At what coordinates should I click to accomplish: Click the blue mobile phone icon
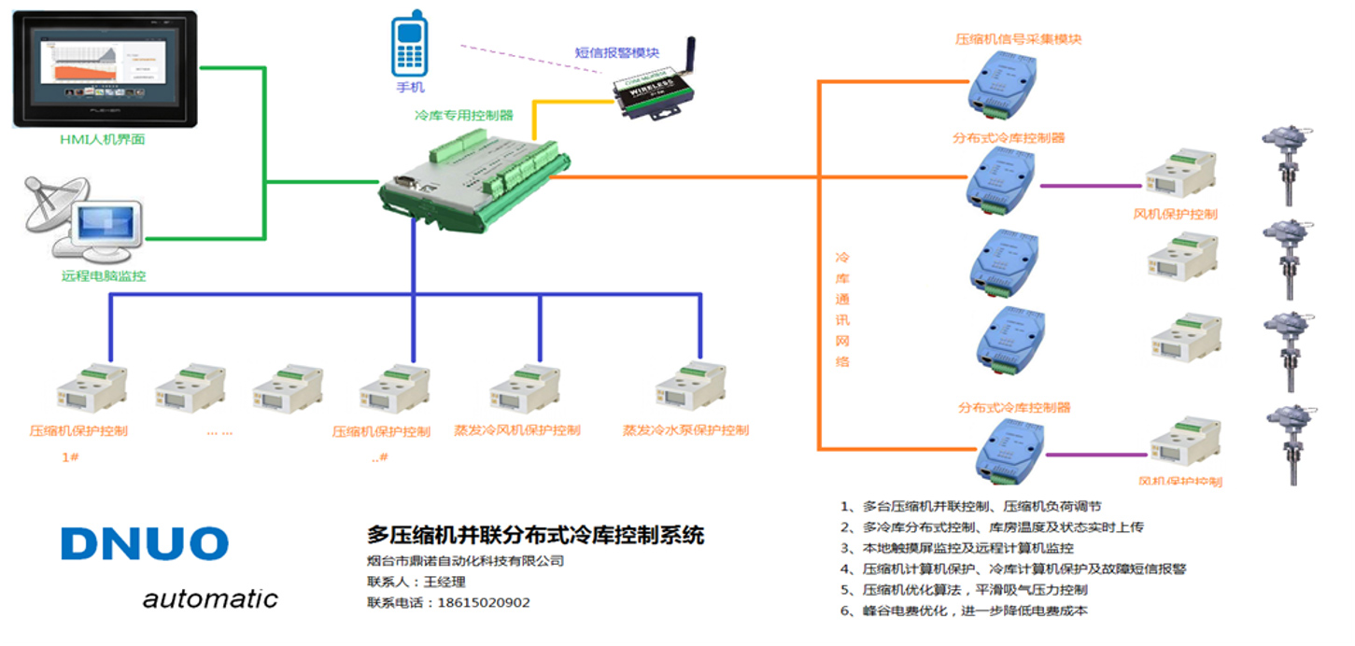tap(409, 47)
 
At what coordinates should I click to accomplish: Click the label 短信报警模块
tap(616, 52)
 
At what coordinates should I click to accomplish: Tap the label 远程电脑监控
tap(104, 276)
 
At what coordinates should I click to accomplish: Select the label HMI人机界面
tap(102, 140)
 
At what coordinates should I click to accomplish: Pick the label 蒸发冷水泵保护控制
tap(685, 430)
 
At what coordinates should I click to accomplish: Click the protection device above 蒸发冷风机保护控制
tap(525, 388)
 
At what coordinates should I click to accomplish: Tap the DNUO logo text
tap(145, 544)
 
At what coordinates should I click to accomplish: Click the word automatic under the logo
tap(210, 598)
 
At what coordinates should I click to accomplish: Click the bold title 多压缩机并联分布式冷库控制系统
tap(535, 536)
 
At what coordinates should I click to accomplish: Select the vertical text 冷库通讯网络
tap(842, 308)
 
